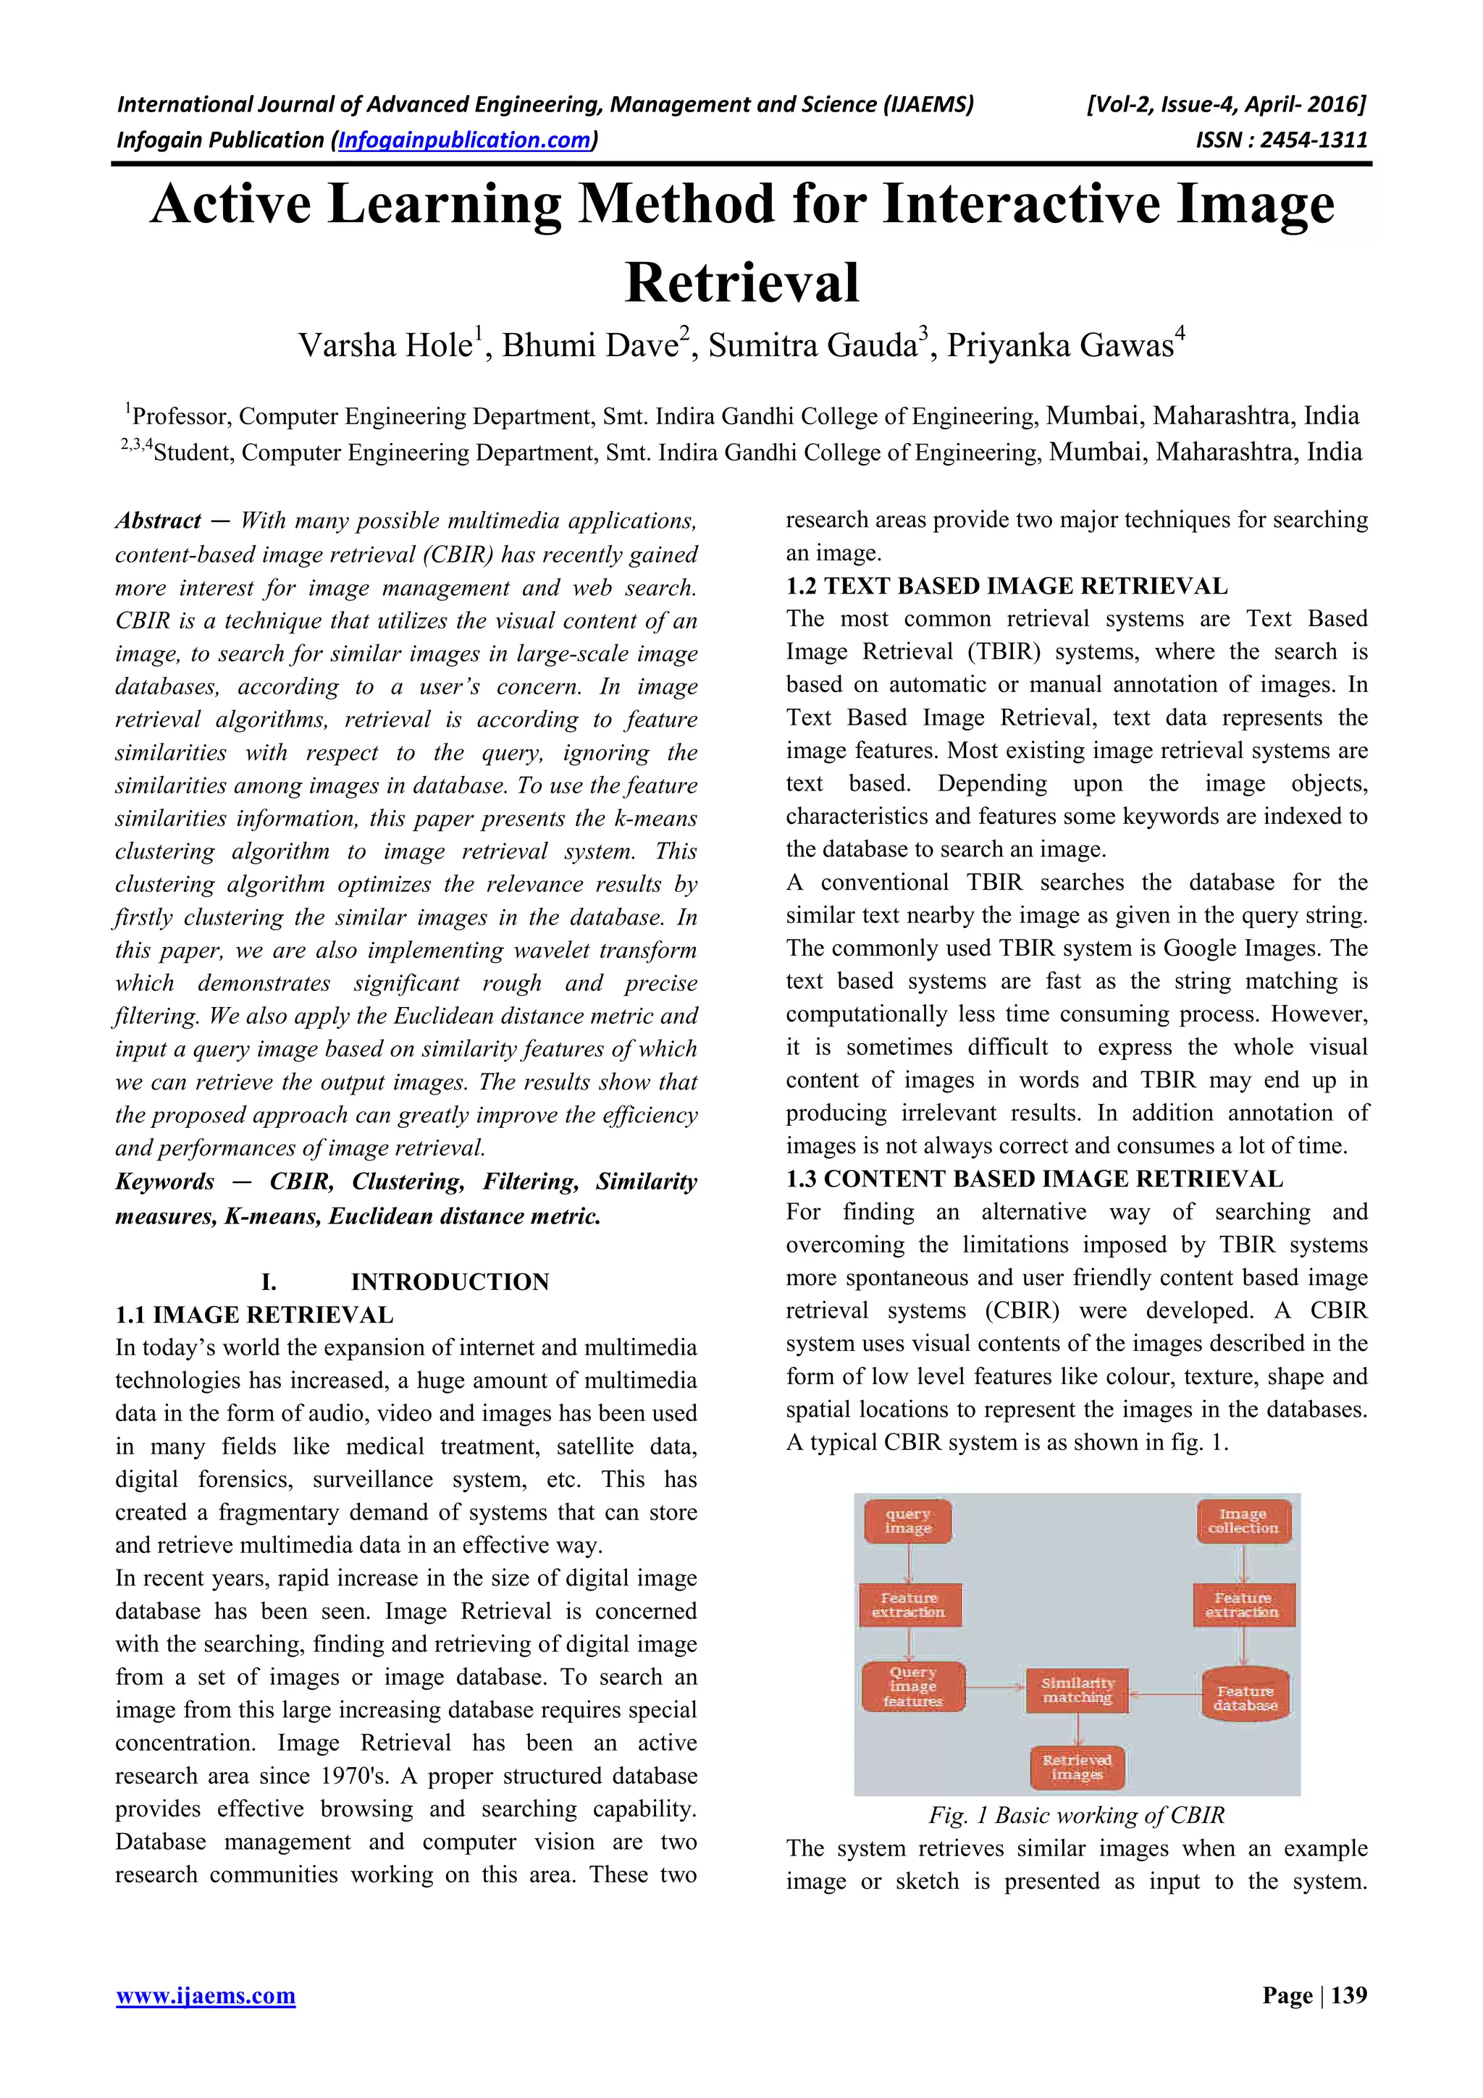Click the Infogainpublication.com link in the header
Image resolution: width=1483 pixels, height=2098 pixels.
click(x=465, y=140)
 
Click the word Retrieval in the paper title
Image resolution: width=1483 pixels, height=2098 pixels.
click(x=742, y=282)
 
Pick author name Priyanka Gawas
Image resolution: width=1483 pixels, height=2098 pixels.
click(x=1060, y=345)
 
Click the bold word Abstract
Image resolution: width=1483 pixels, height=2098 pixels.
click(x=158, y=521)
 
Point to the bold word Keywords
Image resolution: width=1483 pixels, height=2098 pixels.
click(x=164, y=1181)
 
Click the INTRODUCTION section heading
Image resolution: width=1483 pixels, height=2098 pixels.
click(x=450, y=1281)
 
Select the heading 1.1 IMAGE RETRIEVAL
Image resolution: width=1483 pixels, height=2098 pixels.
click(x=254, y=1314)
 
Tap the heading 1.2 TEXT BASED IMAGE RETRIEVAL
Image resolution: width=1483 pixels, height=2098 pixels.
click(x=1007, y=586)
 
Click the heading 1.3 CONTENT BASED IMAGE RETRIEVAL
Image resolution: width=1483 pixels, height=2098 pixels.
click(x=1034, y=1179)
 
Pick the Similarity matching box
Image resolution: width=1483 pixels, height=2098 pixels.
click(x=1077, y=1690)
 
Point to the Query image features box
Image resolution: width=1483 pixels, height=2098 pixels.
click(x=912, y=1687)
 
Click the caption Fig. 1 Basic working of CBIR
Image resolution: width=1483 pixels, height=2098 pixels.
click(x=1076, y=1816)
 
